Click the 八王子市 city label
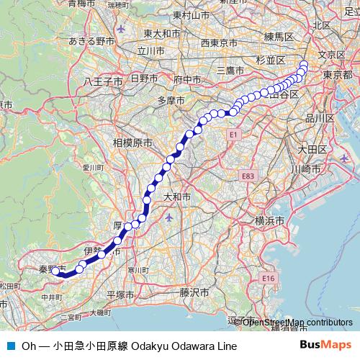pos(103,81)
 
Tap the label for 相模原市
pos(132,143)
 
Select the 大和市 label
pos(176,196)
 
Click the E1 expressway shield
pos(233,135)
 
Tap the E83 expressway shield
pos(248,175)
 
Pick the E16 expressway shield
pos(269,278)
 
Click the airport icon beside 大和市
pos(169,217)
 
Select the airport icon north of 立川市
pos(120,29)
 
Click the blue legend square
pos(10,346)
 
